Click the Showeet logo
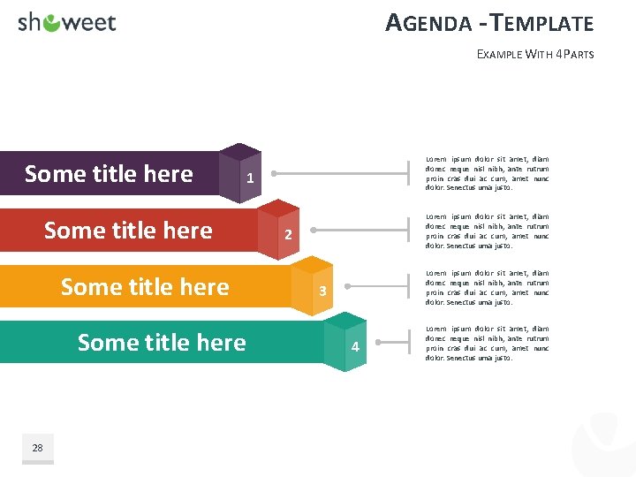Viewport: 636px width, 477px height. tap(67, 23)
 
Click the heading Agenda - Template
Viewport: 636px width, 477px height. tap(489, 23)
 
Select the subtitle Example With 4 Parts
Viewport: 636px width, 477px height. tap(535, 54)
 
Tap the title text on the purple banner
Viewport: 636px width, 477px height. tap(109, 174)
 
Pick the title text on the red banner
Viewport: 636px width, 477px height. tap(128, 231)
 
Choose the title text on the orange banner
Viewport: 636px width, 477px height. tap(145, 287)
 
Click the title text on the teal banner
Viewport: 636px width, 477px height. tap(162, 343)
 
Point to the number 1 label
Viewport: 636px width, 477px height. tap(251, 178)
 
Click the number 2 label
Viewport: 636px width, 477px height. tap(288, 235)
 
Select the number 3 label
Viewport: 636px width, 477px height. tap(323, 291)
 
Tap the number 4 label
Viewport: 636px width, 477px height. tap(355, 347)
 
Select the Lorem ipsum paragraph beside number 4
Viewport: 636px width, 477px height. tap(487, 344)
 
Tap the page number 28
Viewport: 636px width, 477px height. tap(37, 448)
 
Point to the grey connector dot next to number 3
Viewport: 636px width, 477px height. tap(347, 286)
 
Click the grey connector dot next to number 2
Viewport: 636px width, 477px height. tap(311, 230)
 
